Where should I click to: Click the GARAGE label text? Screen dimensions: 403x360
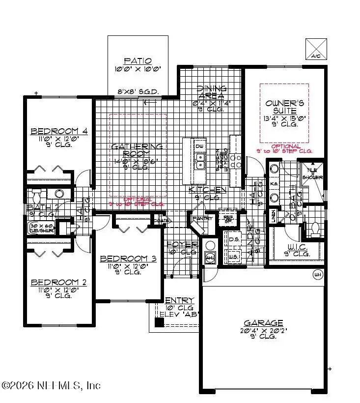264,323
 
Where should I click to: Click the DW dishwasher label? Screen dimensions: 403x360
199,146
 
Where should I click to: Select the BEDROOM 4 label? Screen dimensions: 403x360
59,131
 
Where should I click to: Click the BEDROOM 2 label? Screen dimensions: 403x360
59,282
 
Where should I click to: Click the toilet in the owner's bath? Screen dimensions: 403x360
316,229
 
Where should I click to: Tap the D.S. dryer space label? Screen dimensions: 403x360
234,240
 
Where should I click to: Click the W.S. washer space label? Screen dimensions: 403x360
234,257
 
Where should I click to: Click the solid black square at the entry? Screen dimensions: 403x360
159,322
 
